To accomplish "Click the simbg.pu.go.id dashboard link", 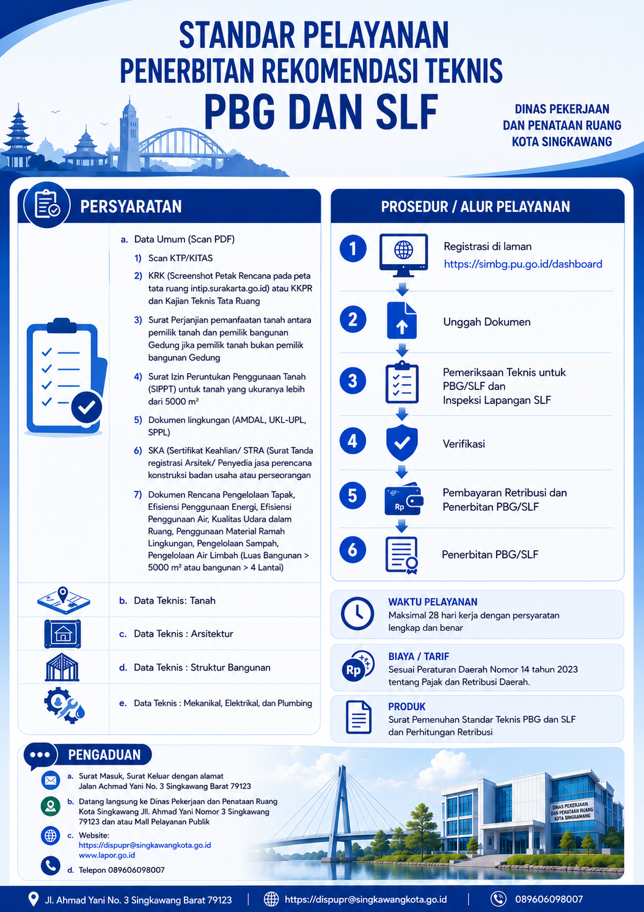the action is click(522, 264).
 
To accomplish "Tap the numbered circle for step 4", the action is click(353, 441).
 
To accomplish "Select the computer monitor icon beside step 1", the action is click(403, 255).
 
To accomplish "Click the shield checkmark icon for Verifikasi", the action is click(402, 443).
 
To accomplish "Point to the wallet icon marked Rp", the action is click(403, 499).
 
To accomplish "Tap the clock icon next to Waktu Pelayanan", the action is click(357, 614).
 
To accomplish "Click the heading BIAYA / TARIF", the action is click(419, 656).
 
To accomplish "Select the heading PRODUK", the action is click(407, 707).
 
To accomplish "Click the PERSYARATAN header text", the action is click(131, 207).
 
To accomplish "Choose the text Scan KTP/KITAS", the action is click(180, 258).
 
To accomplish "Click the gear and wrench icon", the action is click(64, 705).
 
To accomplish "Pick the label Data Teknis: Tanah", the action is click(175, 600).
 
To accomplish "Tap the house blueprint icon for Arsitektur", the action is click(62, 634).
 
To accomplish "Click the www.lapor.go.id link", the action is click(107, 855).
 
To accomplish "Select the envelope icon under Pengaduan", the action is click(51, 781).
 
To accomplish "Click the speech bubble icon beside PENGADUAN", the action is click(40, 756).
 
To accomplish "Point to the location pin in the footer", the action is click(33, 899).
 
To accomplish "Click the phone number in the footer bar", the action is click(549, 899).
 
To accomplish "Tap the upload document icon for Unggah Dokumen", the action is click(401, 321).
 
